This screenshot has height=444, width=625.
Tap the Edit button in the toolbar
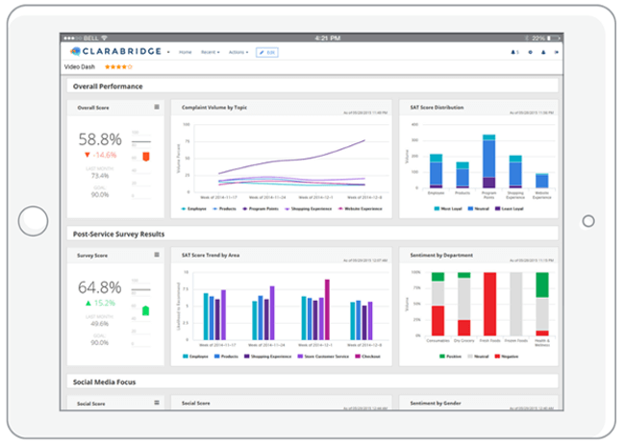point(267,52)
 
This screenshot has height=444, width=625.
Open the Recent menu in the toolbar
point(209,52)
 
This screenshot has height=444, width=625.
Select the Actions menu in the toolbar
point(237,52)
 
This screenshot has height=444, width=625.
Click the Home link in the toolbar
point(185,52)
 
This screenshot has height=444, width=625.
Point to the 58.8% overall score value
point(100,138)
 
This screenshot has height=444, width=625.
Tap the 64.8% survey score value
point(100,286)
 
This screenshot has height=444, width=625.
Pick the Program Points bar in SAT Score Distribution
point(488,160)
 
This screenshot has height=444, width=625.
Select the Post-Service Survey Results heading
point(119,234)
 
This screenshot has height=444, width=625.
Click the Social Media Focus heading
point(104,382)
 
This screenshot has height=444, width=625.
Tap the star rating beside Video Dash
point(120,66)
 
